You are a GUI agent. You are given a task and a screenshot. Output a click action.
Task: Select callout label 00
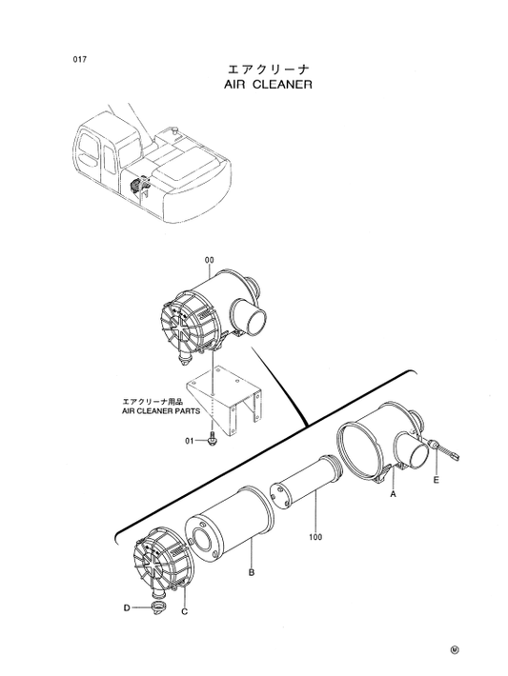point(209,260)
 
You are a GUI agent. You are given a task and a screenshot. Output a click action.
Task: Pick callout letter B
point(251,573)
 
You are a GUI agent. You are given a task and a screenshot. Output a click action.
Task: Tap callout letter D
point(126,606)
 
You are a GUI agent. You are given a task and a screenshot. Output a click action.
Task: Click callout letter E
point(437,483)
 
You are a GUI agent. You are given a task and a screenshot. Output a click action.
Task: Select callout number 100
point(315,537)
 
